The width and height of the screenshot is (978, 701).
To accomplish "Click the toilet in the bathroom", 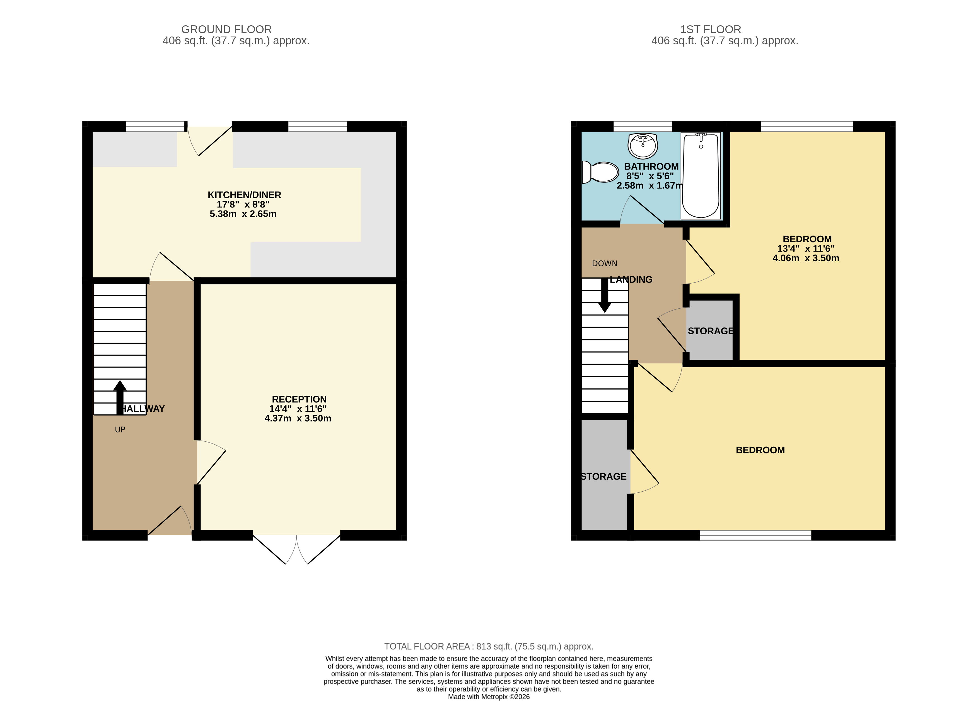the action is point(600,172).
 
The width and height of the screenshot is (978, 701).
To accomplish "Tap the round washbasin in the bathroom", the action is point(643,146).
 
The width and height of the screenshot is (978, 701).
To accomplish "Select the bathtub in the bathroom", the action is point(701,175).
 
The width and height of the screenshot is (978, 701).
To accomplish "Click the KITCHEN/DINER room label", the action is point(245,195).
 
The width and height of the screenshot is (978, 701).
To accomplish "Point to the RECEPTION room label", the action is point(299,399).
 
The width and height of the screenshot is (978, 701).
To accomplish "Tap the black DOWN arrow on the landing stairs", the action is point(605,295).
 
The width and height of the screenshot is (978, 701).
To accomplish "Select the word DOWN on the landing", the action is point(605,264).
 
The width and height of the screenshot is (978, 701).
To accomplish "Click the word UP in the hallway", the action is point(120,429).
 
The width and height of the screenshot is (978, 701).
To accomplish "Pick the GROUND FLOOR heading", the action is point(226,29).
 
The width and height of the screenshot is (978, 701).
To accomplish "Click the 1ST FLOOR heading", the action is point(711,29).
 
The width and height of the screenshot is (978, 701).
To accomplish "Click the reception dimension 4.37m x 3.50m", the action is point(298,418).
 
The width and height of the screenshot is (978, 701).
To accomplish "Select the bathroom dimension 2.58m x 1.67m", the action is point(650,185).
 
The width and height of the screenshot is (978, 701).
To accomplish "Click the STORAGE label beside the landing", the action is point(711,331).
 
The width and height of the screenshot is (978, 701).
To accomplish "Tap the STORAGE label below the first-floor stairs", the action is point(604,476).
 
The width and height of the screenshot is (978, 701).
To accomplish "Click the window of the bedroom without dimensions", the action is point(755,535).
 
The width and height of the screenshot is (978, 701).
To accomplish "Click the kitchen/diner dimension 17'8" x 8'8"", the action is point(243,204).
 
